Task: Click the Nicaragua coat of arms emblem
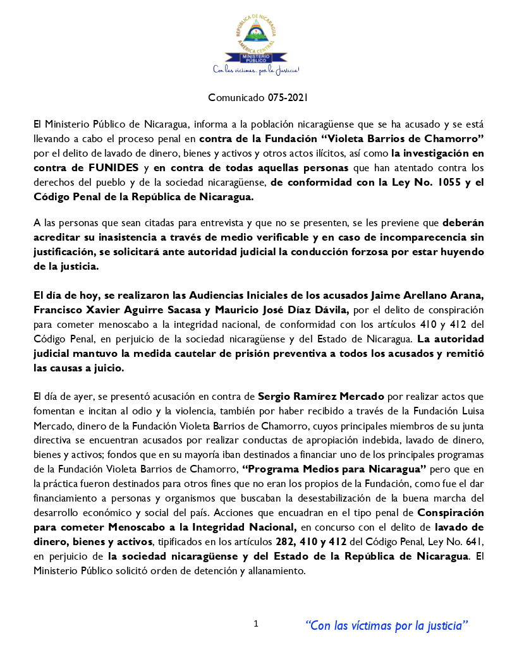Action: tap(255, 32)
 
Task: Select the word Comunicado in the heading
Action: tap(230, 98)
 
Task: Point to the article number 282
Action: tap(284, 542)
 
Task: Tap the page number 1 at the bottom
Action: tap(256, 623)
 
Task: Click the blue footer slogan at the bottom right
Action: tap(387, 625)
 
